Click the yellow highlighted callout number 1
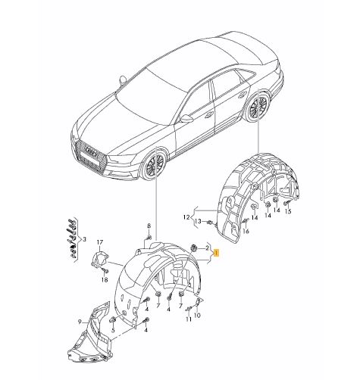217,254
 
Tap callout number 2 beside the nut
207,248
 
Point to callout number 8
149,226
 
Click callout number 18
105,279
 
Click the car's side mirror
184,119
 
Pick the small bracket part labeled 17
99,260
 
